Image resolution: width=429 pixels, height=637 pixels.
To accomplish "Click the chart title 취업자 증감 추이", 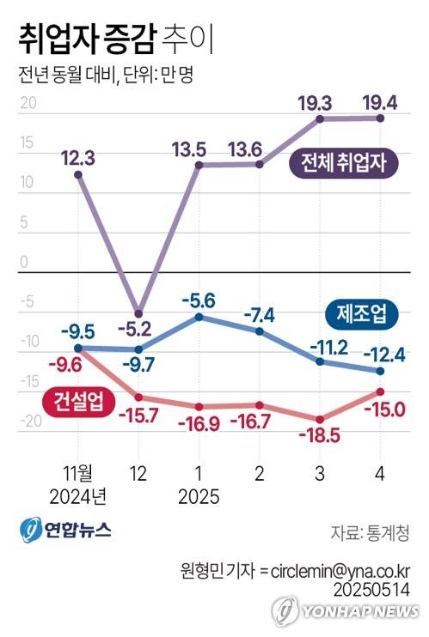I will click(x=113, y=39).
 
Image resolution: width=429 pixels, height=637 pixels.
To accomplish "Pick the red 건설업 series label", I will click(x=73, y=400).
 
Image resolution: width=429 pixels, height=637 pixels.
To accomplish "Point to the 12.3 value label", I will click(x=78, y=156).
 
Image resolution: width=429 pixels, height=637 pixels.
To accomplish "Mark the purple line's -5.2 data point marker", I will click(x=138, y=312).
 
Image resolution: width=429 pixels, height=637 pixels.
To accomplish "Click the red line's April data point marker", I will click(x=379, y=391).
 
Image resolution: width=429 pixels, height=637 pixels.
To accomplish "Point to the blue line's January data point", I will click(x=199, y=317).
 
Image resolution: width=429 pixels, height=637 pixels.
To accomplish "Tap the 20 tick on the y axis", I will click(x=27, y=103).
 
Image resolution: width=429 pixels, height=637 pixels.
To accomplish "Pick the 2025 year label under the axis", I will click(x=199, y=496).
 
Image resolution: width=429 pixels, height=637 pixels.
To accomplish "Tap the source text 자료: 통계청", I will click(x=369, y=532).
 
